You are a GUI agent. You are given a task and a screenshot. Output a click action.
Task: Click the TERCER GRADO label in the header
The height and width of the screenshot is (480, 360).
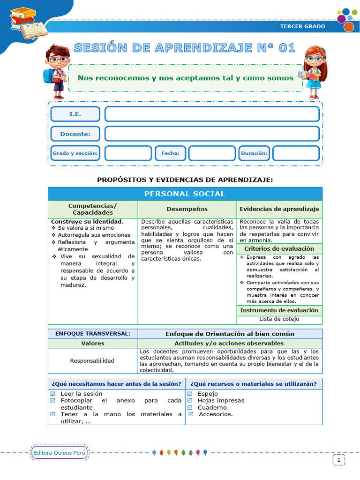point(302,26)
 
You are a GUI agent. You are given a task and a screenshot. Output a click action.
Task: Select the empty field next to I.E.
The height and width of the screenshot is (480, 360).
point(212,114)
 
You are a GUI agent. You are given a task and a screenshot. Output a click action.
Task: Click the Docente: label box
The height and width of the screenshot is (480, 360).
point(75,134)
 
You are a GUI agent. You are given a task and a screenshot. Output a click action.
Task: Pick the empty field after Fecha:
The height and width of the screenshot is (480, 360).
point(212,153)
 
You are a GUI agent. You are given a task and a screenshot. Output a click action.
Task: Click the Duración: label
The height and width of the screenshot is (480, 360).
point(254,153)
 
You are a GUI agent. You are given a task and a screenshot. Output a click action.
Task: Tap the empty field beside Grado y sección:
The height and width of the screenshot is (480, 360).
point(128,153)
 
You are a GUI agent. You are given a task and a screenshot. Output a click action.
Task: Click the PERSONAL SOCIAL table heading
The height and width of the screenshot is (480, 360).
point(185,194)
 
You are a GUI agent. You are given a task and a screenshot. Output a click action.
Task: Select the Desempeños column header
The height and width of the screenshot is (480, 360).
point(187,209)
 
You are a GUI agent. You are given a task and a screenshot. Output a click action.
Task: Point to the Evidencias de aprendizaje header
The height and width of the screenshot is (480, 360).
point(279,209)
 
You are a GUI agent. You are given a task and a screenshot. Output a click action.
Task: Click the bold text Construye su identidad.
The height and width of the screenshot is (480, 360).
point(87,221)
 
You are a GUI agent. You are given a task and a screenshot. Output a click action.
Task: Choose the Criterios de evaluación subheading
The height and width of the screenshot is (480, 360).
point(279,248)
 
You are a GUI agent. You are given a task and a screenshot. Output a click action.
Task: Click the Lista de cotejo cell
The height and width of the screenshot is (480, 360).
point(279,319)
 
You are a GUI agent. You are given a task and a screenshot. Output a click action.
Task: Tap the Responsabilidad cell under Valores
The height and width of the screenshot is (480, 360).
point(92,361)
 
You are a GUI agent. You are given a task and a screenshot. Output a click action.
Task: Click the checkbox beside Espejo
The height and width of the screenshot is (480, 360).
point(190,394)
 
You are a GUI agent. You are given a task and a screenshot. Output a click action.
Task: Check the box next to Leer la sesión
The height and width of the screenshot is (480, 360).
point(52,394)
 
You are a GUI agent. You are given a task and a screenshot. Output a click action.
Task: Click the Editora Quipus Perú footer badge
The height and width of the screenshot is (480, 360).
point(60,453)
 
